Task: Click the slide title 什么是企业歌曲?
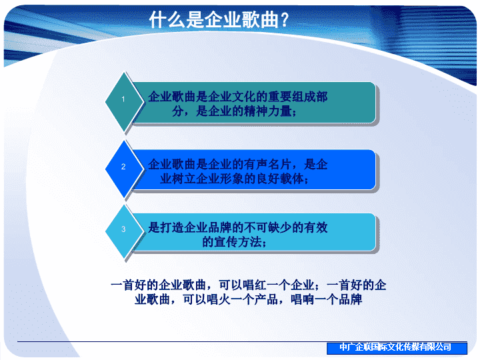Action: [219, 19]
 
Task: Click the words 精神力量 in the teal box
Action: [268, 111]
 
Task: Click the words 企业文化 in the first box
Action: [232, 97]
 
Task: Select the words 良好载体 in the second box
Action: [280, 179]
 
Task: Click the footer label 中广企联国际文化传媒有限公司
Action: [395, 347]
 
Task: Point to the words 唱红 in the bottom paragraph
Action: [255, 285]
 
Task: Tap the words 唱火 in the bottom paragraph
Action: [219, 299]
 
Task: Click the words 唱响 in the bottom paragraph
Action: [303, 299]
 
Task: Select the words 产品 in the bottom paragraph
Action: [266, 299]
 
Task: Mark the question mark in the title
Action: [285, 20]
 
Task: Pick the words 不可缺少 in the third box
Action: [268, 227]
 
